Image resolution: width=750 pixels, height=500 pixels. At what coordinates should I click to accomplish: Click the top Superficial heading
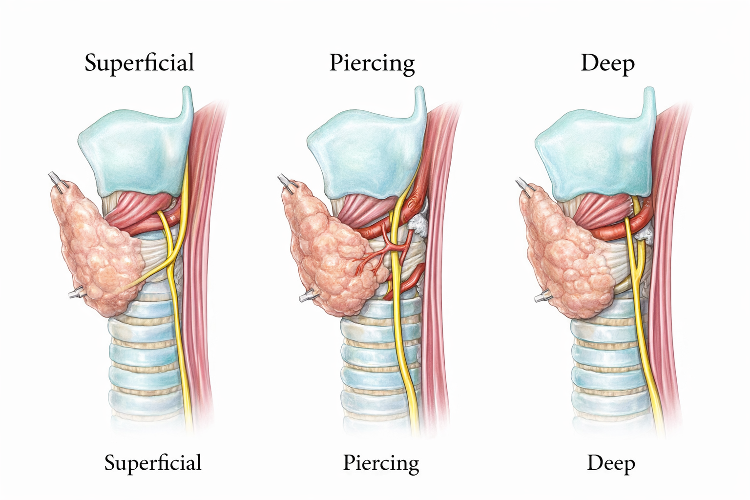click(x=139, y=63)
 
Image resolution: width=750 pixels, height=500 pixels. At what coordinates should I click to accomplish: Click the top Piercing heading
click(x=372, y=63)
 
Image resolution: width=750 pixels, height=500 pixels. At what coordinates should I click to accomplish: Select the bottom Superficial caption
click(x=152, y=463)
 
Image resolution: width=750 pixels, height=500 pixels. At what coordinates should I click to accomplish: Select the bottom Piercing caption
click(x=381, y=463)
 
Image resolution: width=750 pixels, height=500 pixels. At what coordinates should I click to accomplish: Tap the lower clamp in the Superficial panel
click(x=76, y=293)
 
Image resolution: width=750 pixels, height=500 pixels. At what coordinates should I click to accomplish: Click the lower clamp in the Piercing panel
click(x=307, y=295)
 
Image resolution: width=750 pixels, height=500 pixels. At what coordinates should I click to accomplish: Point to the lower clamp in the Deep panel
click(x=542, y=296)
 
